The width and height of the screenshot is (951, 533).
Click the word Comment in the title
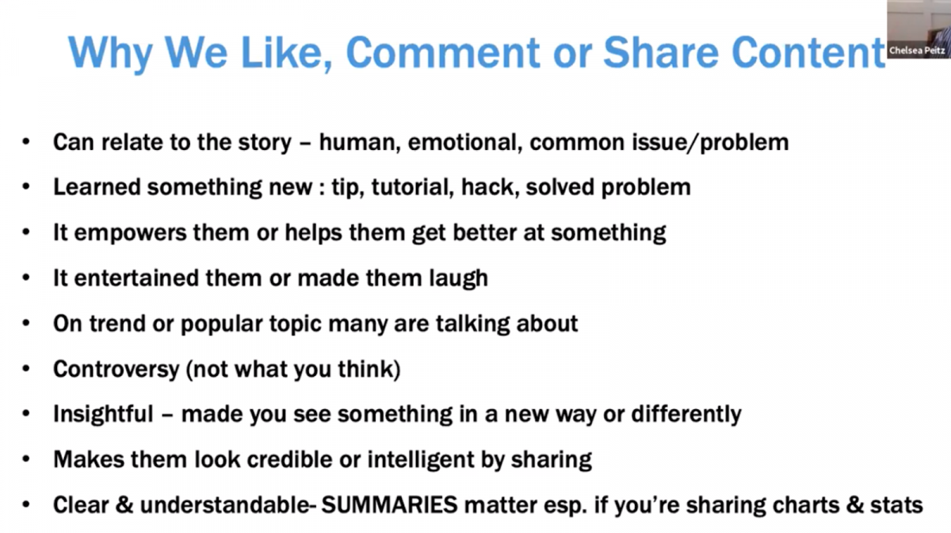(443, 52)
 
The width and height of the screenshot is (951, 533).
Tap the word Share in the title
(661, 52)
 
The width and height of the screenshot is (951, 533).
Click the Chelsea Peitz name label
(917, 51)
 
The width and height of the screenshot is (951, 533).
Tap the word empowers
(130, 234)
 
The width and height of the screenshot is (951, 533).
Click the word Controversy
(116, 370)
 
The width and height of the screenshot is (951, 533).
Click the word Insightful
(103, 414)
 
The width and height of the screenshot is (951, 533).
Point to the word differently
(686, 414)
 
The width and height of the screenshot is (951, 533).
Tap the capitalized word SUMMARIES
(389, 505)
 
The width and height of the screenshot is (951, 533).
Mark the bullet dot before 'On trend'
(26, 324)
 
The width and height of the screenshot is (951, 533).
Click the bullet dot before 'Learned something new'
(26, 186)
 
